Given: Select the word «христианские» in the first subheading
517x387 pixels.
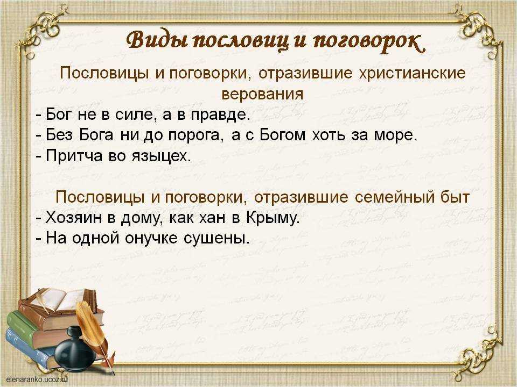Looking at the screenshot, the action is (x=412, y=73).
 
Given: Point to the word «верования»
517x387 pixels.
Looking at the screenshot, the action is (x=262, y=94).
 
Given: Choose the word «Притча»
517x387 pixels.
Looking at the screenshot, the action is (x=74, y=156).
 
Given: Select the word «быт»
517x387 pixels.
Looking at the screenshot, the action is (x=455, y=197).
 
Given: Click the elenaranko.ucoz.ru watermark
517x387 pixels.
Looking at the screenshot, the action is (x=37, y=379).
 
